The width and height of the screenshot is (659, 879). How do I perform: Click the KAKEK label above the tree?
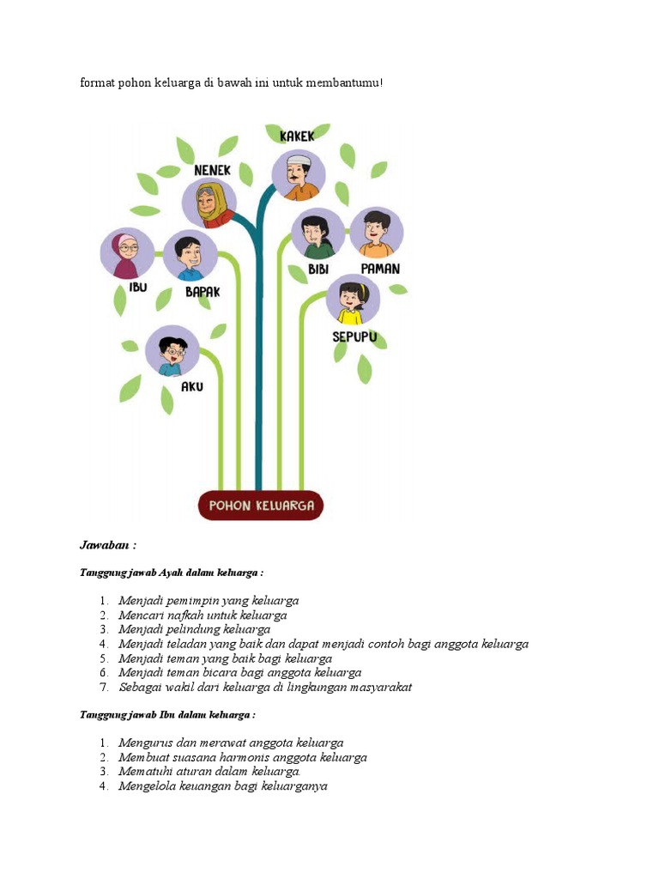pyautogui.click(x=297, y=136)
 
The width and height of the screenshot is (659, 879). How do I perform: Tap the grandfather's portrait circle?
pyautogui.click(x=299, y=177)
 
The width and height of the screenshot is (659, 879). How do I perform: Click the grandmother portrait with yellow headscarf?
pyautogui.click(x=209, y=204)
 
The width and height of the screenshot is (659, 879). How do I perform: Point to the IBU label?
pyautogui.click(x=138, y=287)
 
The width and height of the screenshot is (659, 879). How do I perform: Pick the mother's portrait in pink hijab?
pyautogui.click(x=128, y=253)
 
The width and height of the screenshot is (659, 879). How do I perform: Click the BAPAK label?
pyautogui.click(x=203, y=292)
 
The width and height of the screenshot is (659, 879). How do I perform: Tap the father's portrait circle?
pyautogui.click(x=190, y=257)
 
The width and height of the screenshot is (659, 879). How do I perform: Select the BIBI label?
pyautogui.click(x=318, y=269)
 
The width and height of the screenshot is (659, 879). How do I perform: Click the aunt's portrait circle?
pyautogui.click(x=318, y=234)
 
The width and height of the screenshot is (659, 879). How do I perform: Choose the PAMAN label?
pyautogui.click(x=380, y=269)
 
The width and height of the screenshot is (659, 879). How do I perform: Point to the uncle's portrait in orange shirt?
pyautogui.click(x=376, y=233)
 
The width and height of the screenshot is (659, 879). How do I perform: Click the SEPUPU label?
pyautogui.click(x=354, y=337)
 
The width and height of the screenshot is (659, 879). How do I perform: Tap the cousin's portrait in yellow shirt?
pyautogui.click(x=353, y=301)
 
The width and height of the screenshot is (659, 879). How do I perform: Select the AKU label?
pyautogui.click(x=192, y=387)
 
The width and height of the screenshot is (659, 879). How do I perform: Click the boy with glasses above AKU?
pyautogui.click(x=172, y=353)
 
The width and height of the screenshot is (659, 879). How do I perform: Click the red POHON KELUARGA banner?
pyautogui.click(x=261, y=506)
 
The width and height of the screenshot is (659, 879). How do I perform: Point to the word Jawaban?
pyautogui.click(x=108, y=545)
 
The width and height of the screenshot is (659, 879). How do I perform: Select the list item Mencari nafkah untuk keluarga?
pyautogui.click(x=203, y=615)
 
